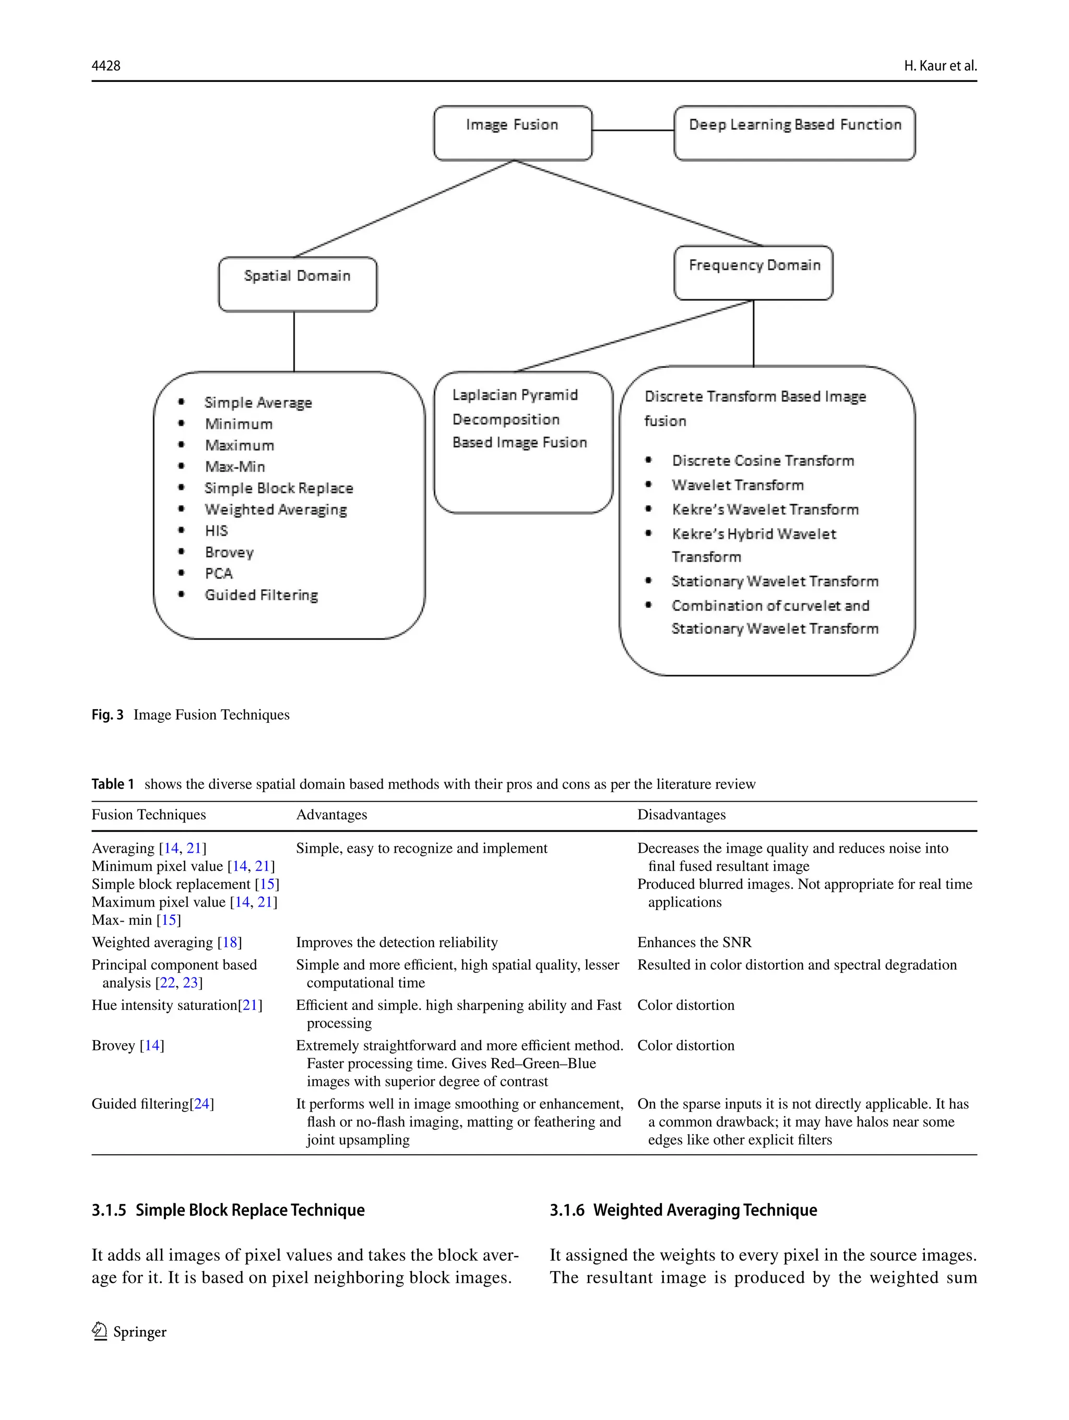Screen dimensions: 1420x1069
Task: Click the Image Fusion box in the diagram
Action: [513, 132]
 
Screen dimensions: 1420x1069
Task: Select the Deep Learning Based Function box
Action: [794, 132]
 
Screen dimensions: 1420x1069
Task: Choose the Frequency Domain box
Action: [753, 272]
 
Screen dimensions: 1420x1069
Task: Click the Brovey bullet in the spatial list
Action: [229, 552]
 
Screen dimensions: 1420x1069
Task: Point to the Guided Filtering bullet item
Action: [262, 595]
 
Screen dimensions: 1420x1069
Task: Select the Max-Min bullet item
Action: [235, 467]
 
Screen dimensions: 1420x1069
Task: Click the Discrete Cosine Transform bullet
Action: [763, 460]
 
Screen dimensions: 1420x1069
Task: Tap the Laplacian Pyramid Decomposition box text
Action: [519, 419]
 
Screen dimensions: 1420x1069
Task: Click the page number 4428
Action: [106, 65]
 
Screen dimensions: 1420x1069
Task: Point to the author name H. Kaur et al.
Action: [940, 65]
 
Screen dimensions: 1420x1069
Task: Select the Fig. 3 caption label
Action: [107, 714]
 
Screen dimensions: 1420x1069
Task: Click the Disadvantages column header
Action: [681, 815]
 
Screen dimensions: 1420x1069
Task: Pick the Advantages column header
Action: [331, 815]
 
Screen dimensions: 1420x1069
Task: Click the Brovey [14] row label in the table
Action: [128, 1045]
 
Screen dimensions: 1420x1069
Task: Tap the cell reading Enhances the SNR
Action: [694, 942]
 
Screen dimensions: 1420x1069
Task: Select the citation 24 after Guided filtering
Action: [201, 1104]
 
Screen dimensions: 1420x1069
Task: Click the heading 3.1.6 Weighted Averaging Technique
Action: [683, 1210]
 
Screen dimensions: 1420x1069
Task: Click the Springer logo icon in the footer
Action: [100, 1331]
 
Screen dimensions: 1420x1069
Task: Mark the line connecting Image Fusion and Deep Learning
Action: [633, 130]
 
